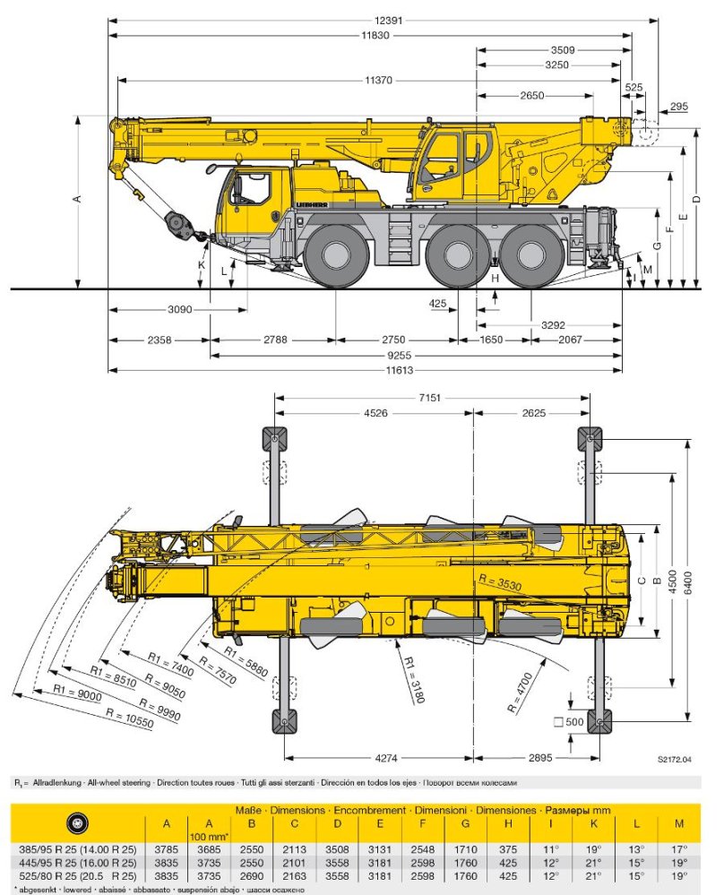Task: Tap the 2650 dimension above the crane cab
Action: point(530,96)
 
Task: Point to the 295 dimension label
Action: point(678,107)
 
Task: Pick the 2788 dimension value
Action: point(275,340)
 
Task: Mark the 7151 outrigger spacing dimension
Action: point(435,398)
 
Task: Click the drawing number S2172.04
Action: point(674,760)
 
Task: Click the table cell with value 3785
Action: point(166,848)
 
